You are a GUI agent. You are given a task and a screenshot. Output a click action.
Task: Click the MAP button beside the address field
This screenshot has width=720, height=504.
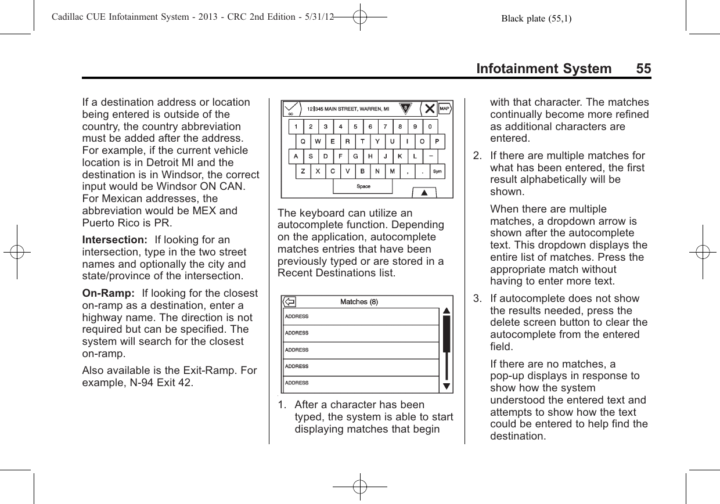click(x=445, y=108)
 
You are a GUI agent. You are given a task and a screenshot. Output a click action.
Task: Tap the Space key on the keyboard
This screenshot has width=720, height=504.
click(x=363, y=186)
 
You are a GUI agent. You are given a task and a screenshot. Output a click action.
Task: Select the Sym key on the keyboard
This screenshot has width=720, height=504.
click(x=437, y=172)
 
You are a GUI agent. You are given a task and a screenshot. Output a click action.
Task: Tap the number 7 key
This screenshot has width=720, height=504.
click(x=385, y=126)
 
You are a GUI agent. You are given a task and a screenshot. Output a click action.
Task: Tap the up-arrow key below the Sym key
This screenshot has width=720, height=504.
click(x=424, y=192)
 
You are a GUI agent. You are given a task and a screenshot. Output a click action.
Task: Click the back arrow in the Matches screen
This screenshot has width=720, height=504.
click(x=290, y=302)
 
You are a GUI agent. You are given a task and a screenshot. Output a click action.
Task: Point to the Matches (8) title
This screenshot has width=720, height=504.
click(x=359, y=302)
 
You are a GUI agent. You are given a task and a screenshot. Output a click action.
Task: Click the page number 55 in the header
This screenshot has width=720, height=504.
click(x=643, y=69)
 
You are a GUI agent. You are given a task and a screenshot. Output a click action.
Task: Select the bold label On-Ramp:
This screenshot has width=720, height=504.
click(x=102, y=293)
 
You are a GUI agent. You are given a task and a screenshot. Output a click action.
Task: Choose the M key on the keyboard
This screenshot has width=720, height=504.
click(x=393, y=172)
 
